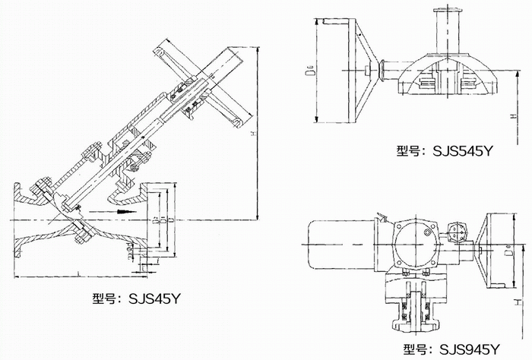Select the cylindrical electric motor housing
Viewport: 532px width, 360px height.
(339, 242)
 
